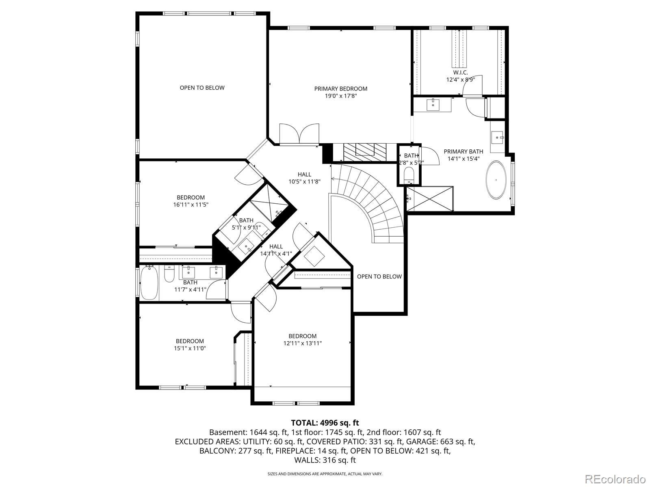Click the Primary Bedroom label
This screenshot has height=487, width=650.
pyautogui.click(x=340, y=89)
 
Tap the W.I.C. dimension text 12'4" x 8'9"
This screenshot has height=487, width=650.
pyautogui.click(x=460, y=80)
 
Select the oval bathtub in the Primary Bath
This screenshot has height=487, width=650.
pyautogui.click(x=496, y=180)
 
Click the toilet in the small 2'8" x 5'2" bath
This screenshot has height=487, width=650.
pyautogui.click(x=409, y=175)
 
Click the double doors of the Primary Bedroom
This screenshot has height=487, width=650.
pyautogui.click(x=299, y=134)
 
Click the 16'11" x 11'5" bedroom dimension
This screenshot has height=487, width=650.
pyautogui.click(x=191, y=205)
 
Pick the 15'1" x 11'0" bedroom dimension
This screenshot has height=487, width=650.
pyautogui.click(x=190, y=348)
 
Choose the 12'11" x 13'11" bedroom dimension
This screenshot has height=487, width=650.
pyautogui.click(x=302, y=343)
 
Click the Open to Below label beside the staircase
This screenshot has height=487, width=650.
pyautogui.click(x=379, y=276)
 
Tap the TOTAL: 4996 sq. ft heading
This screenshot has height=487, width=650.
pyautogui.click(x=325, y=423)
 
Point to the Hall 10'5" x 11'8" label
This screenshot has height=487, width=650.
pyautogui.click(x=304, y=178)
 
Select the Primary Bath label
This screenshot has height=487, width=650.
pyautogui.click(x=464, y=152)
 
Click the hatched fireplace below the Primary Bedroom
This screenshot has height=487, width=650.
pyautogui.click(x=365, y=152)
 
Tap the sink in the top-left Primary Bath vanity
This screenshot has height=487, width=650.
pyautogui.click(x=433, y=105)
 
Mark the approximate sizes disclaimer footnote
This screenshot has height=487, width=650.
pyautogui.click(x=325, y=474)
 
